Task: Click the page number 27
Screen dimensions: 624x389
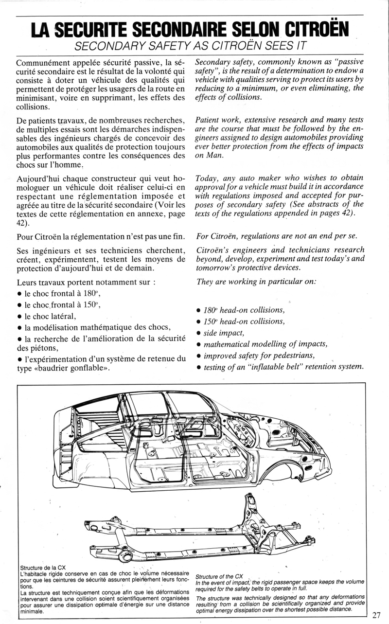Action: click(377, 614)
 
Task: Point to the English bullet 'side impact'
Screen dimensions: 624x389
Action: click(224, 333)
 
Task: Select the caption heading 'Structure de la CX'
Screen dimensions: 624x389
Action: click(43, 567)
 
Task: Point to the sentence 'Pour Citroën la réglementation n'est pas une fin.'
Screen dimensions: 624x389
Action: click(100, 236)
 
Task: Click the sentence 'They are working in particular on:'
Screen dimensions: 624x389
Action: click(256, 281)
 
